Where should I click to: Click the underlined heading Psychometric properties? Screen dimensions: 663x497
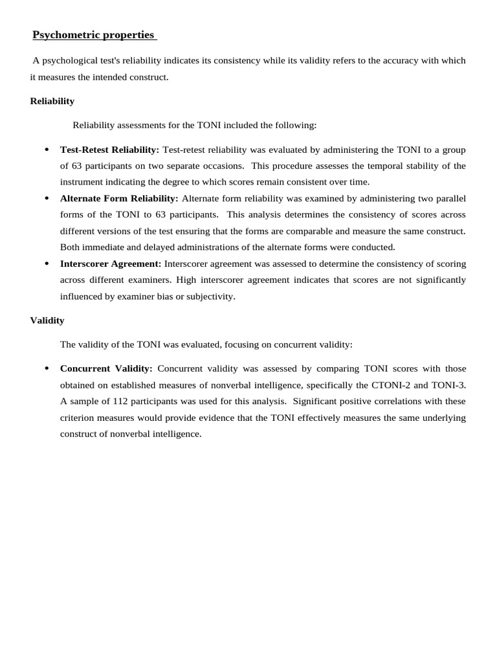94,35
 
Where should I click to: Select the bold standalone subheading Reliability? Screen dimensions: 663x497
52,101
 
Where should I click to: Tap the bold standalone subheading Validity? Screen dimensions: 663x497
47,320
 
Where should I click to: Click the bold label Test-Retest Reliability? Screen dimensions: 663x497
109,150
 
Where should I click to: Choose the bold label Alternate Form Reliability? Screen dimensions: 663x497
119,198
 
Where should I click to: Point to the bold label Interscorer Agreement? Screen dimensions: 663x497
111,264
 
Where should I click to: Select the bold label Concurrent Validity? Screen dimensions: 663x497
106,368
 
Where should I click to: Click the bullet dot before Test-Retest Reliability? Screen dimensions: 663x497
47,150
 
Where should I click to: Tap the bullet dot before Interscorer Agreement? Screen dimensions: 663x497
47,264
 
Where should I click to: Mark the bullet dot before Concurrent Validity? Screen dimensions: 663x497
47,368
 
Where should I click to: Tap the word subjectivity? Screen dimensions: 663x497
209,297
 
